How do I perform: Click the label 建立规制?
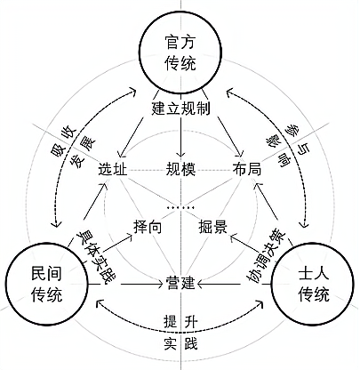click(x=180, y=109)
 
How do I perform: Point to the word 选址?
click(x=113, y=170)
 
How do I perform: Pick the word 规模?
click(x=180, y=170)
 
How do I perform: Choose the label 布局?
click(x=247, y=170)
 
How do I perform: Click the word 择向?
click(x=148, y=227)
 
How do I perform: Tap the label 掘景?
click(x=213, y=227)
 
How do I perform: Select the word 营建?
click(x=180, y=283)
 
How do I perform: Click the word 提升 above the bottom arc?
click(x=180, y=321)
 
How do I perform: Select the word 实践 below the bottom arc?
click(x=180, y=344)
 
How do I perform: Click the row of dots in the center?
click(x=180, y=208)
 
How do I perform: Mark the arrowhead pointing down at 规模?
click(x=180, y=154)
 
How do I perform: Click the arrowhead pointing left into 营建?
click(x=200, y=284)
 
